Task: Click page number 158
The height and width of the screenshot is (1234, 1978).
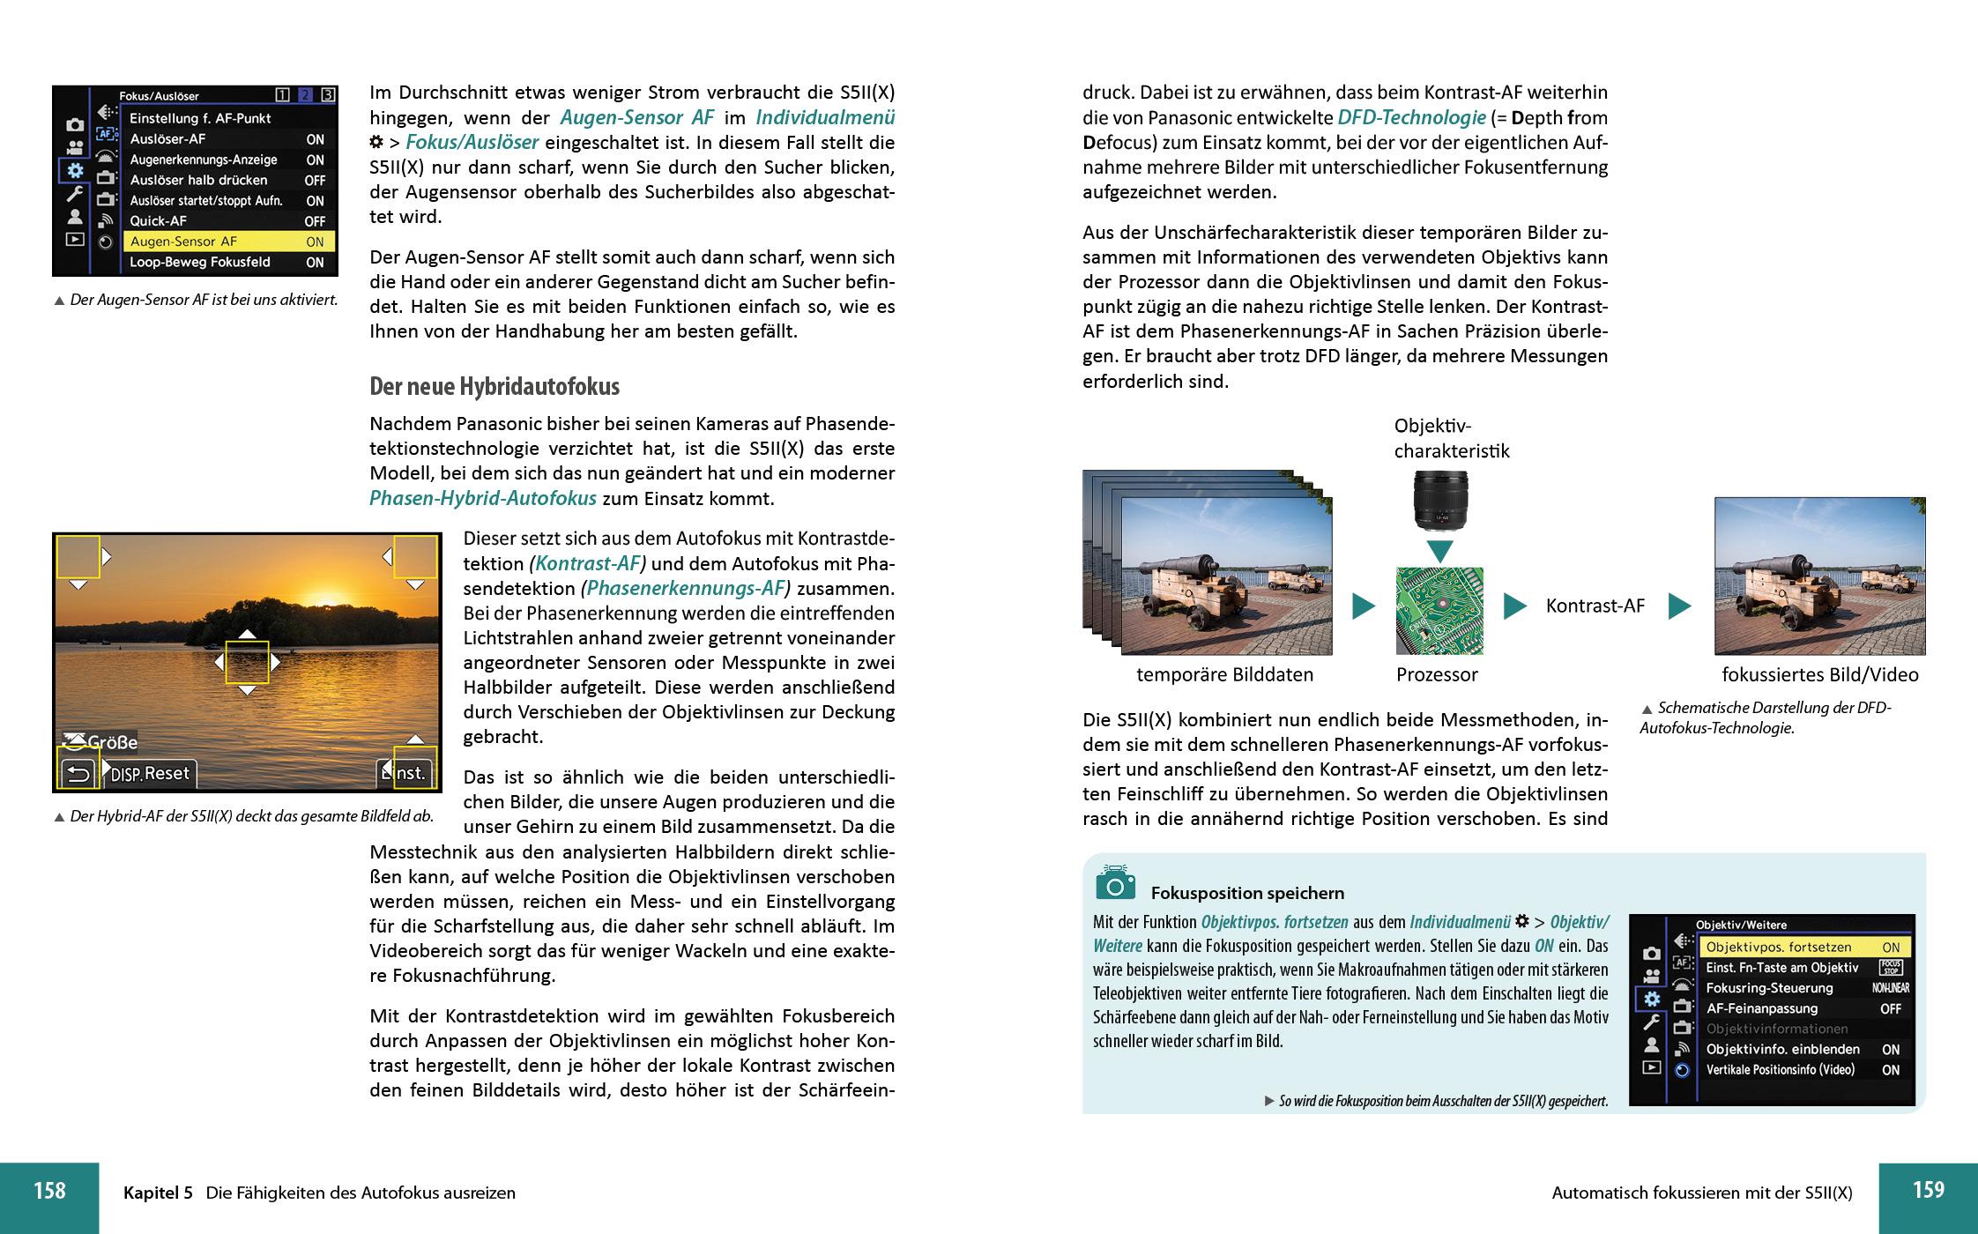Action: [x=49, y=1191]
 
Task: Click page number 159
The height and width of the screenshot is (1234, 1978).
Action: [x=1928, y=1190]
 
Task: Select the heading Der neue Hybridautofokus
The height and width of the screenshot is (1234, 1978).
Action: [x=494, y=387]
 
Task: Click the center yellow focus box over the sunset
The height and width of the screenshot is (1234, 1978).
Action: [x=247, y=663]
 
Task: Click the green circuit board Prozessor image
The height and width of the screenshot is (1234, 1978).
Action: [x=1439, y=610]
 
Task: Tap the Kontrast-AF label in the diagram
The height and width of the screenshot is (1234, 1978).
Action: [x=1595, y=606]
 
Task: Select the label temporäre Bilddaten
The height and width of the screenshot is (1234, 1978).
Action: [x=1224, y=675]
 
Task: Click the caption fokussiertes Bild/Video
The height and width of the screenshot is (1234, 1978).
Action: [x=1819, y=675]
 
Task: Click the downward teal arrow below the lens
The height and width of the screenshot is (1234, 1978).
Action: [x=1439, y=552]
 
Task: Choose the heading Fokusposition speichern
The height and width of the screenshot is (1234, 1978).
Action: [x=1247, y=893]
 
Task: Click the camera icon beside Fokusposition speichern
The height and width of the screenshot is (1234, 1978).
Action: [x=1115, y=883]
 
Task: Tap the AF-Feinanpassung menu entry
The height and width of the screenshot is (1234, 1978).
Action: [x=1761, y=1008]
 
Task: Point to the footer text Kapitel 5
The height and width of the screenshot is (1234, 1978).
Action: [x=158, y=1193]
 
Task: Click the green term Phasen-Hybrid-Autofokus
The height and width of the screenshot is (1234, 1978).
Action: [x=482, y=499]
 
